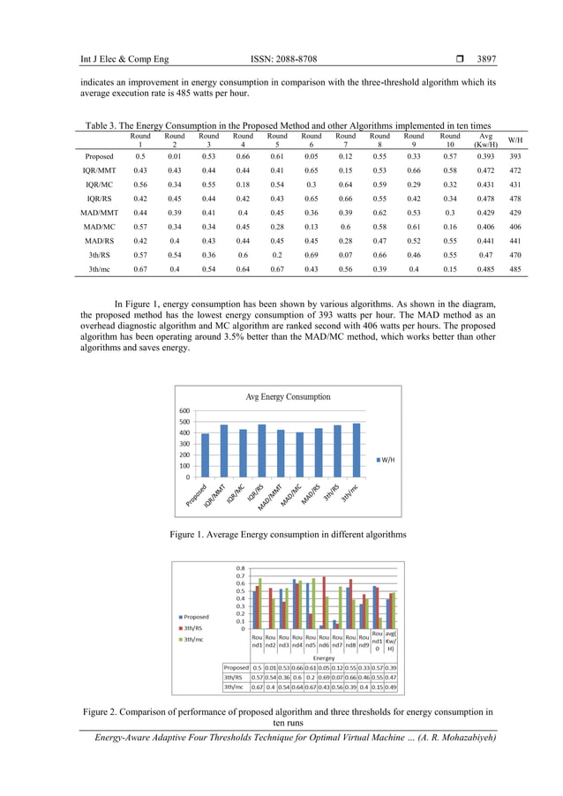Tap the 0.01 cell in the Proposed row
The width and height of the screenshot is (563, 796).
(x=175, y=155)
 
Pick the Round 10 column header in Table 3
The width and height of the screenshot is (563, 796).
(x=450, y=140)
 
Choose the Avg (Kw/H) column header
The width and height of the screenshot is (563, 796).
(x=484, y=140)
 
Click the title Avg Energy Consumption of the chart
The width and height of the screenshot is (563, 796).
(x=288, y=397)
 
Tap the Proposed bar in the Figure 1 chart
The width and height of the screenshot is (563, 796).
(x=206, y=454)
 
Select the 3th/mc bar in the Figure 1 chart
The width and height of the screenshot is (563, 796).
(x=357, y=449)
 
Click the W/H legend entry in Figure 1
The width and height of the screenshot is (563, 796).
(x=387, y=459)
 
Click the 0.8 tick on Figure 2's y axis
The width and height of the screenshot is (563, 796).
(x=239, y=567)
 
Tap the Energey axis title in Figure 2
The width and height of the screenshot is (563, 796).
(x=324, y=657)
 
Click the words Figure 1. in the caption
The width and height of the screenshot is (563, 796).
(x=188, y=535)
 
